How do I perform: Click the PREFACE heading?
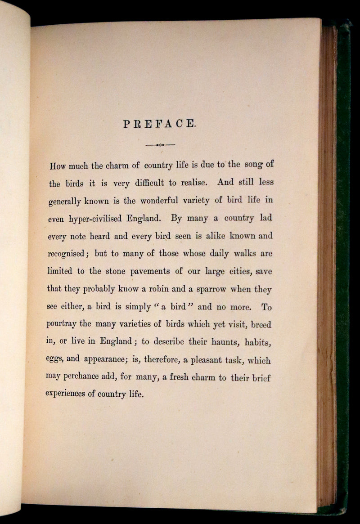point(160,124)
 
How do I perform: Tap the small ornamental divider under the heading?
point(160,145)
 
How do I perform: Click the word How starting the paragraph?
point(58,165)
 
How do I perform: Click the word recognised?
point(66,254)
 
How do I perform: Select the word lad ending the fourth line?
point(265,218)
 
